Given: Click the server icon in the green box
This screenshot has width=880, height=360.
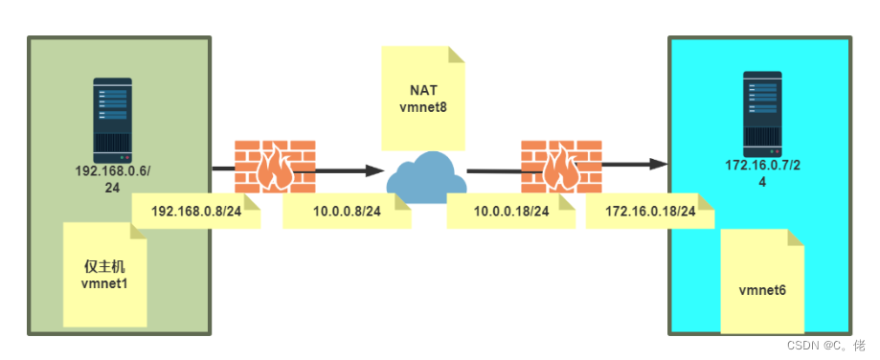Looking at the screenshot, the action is (113, 121).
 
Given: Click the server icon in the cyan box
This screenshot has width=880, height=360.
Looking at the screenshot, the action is (763, 114).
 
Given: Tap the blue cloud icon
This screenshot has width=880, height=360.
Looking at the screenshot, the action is (427, 179).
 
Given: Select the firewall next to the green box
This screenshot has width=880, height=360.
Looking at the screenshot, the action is (275, 167).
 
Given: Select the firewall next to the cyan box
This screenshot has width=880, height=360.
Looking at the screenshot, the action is (561, 167).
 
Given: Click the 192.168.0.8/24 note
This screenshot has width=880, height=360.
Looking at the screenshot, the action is (196, 212).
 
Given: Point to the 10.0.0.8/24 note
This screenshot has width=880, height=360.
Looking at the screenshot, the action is (347, 212).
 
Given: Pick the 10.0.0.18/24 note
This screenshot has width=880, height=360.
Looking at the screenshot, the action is (511, 212).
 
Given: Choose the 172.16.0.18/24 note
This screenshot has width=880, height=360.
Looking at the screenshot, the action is (650, 212).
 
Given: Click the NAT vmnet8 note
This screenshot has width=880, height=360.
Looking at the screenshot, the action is (423, 98).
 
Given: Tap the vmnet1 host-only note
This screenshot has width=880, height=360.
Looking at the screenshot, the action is (105, 275).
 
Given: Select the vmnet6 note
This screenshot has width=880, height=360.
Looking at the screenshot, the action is (762, 281).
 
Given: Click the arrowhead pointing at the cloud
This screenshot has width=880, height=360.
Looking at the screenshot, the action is (375, 169).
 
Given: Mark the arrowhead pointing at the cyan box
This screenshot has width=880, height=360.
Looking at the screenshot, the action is (658, 165).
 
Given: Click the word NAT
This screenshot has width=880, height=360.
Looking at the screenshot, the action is (423, 90).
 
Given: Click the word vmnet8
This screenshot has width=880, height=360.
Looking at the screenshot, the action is (423, 105).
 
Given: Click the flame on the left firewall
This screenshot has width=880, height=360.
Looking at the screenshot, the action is (275, 169).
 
